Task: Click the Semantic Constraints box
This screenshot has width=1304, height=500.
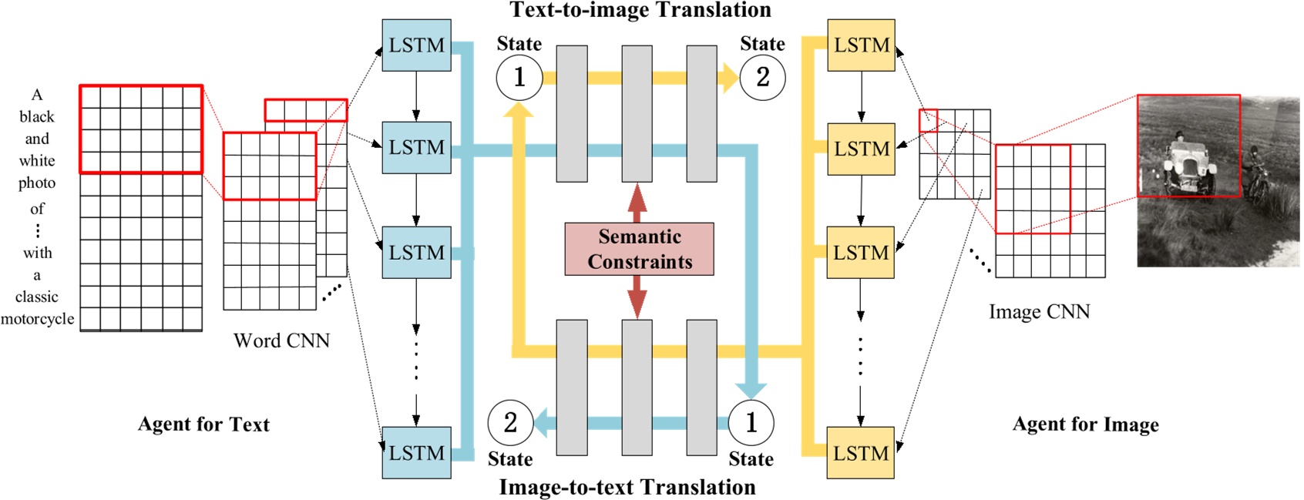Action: [639, 249]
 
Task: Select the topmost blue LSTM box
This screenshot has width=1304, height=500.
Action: [416, 45]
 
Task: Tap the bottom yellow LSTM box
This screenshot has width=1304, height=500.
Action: [861, 453]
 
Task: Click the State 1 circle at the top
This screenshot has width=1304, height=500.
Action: [519, 77]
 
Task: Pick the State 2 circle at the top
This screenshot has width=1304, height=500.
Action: [762, 77]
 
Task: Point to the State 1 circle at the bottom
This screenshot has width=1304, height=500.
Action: [751, 422]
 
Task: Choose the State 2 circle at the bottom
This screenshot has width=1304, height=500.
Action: [510, 422]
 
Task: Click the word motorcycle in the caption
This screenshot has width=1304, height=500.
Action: [37, 319]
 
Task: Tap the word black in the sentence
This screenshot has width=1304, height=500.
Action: [37, 117]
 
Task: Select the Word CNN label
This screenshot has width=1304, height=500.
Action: [281, 341]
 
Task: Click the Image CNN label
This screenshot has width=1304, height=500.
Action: [1039, 312]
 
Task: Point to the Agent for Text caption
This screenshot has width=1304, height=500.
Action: [203, 424]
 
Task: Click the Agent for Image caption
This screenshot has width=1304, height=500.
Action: [1085, 424]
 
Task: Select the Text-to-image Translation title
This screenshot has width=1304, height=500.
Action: [640, 10]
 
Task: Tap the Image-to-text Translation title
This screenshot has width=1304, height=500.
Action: [627, 487]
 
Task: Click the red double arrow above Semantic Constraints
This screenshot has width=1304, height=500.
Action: [637, 203]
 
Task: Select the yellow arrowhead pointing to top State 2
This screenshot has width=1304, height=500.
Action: [728, 78]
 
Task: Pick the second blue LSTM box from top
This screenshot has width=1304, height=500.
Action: [416, 147]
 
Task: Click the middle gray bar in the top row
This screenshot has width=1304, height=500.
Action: [637, 113]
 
